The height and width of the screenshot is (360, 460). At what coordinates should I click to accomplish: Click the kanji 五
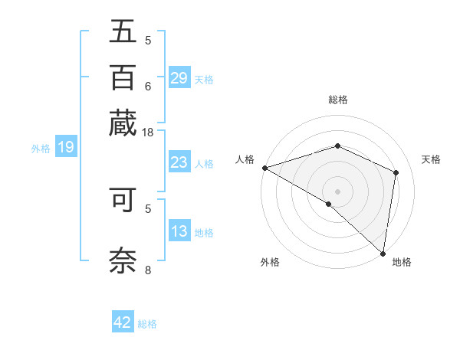(123, 32)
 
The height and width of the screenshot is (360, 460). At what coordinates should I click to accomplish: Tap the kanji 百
(123, 77)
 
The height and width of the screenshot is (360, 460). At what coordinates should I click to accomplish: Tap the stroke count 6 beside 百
(148, 85)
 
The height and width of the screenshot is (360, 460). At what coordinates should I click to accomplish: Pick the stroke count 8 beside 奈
(148, 269)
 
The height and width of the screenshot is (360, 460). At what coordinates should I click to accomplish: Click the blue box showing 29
(179, 78)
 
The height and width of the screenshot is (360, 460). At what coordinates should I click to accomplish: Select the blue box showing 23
(179, 162)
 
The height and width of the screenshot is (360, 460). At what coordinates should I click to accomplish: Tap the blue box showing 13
(179, 231)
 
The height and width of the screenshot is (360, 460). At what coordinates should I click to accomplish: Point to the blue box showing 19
(65, 148)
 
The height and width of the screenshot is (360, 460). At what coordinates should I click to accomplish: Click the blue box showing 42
(122, 322)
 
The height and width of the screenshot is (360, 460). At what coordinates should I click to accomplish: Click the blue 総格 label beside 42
(147, 324)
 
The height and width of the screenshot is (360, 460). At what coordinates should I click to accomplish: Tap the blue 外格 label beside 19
(41, 149)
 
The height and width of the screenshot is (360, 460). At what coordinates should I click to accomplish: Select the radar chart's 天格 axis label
(431, 159)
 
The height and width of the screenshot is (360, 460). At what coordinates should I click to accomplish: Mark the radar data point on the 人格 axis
(264, 168)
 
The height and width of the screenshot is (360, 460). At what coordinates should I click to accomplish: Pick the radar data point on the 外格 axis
(329, 204)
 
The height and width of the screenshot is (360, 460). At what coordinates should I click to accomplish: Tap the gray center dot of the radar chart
(338, 191)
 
